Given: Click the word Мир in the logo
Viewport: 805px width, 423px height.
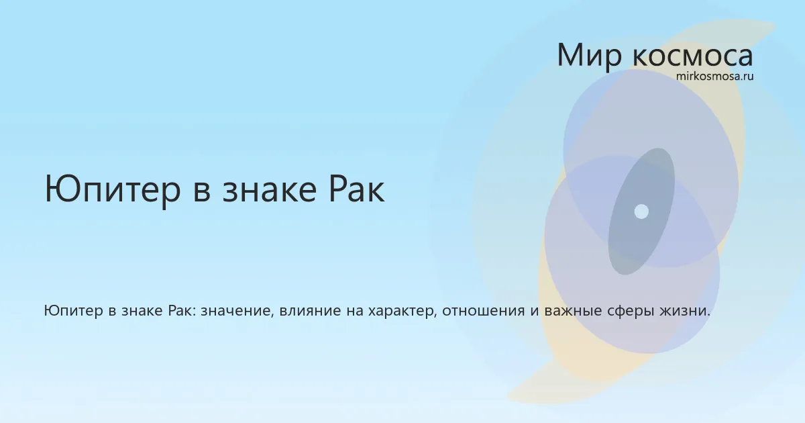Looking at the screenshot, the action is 590,55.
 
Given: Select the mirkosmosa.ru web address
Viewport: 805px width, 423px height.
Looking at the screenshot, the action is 715,77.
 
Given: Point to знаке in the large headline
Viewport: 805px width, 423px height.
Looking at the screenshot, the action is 270,190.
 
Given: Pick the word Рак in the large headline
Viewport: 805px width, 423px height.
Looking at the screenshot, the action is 356,189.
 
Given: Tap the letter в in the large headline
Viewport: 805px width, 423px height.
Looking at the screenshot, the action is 202,193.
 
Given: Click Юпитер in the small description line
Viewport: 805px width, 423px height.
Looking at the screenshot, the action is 73,311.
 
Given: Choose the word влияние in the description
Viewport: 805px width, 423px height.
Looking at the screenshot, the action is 310,311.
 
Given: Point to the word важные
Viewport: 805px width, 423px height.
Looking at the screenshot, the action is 573,311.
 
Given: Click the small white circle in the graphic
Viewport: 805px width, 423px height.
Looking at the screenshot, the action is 641,211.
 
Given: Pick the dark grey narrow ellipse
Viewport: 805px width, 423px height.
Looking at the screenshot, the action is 641,211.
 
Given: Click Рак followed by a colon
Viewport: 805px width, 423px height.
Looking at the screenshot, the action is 182,310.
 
